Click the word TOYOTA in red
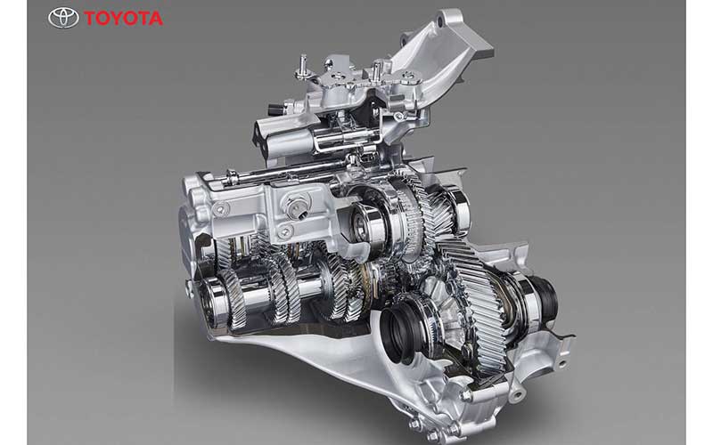[123, 18]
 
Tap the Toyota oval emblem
[63, 18]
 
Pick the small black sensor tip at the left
[275, 109]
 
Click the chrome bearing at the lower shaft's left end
[213, 300]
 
